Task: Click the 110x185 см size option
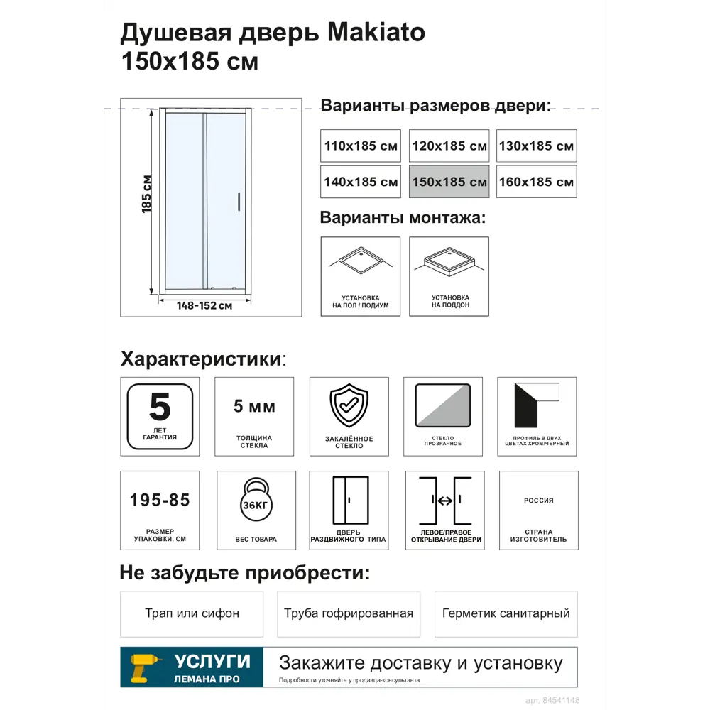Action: tap(361, 146)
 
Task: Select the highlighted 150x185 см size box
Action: tap(449, 182)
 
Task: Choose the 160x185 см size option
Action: tap(536, 182)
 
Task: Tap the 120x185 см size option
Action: tap(449, 146)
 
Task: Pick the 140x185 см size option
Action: tap(361, 182)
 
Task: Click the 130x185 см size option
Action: tap(536, 146)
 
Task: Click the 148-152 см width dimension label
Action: tap(204, 306)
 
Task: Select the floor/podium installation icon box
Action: tap(361, 276)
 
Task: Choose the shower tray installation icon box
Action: tap(449, 276)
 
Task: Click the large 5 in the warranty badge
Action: tap(160, 407)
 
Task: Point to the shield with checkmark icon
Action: tap(349, 405)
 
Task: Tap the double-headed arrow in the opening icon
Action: tap(445, 501)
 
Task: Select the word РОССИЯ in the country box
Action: tap(538, 501)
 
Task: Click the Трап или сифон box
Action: tap(192, 613)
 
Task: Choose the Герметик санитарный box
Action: tap(506, 613)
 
